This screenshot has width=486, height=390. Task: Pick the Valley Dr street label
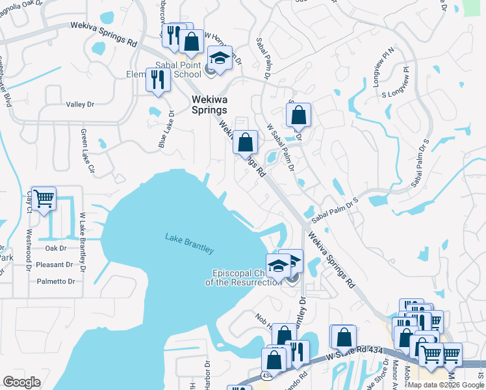point(80,104)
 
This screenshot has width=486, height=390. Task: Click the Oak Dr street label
point(56,248)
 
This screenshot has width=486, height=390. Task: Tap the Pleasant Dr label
point(55,265)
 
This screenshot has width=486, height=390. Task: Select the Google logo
point(22,382)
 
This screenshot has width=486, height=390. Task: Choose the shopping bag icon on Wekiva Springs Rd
point(246,142)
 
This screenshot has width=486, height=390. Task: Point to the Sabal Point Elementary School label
point(168,70)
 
